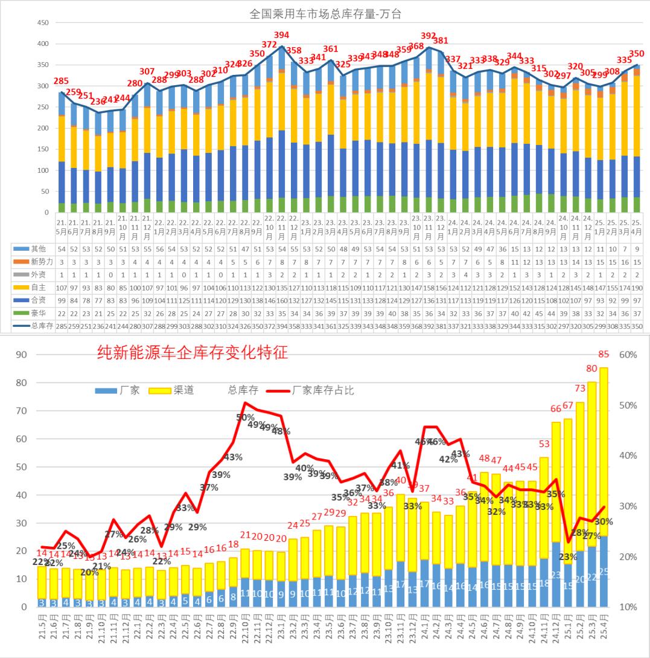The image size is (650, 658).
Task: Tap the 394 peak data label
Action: coord(281,35)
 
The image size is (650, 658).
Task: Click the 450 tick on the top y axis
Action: coord(43,23)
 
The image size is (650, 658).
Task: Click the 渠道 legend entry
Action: coord(176,390)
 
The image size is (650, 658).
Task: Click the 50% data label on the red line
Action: coord(244,418)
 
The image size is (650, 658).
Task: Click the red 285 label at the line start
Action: coord(60,81)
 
